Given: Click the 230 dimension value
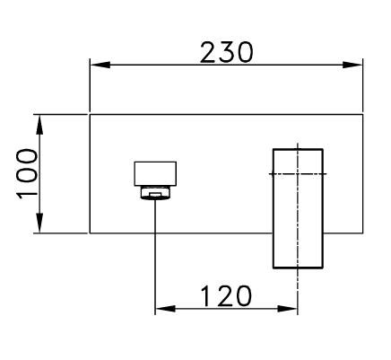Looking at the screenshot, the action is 227,53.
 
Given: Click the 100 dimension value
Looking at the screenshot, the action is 27,174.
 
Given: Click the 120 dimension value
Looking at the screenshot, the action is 226,296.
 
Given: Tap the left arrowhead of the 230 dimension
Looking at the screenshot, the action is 100,65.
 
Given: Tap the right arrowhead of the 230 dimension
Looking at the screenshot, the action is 352,65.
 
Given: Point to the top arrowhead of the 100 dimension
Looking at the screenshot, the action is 39,125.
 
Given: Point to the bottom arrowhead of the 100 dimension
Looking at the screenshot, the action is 39,223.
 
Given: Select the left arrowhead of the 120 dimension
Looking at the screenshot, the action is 165,309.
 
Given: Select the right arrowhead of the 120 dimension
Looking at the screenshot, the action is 288,309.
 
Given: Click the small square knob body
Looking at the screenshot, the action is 155,173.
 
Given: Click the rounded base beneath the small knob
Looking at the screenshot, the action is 155,192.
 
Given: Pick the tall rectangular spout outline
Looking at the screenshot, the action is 274,208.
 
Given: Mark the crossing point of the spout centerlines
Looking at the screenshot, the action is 298,173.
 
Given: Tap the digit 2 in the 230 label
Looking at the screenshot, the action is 208,53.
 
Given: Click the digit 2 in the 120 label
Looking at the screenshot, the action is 225,296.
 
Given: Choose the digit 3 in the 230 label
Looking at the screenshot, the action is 227,53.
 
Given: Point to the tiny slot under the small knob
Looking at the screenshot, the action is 155,195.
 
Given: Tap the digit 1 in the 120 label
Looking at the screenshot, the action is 207,296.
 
